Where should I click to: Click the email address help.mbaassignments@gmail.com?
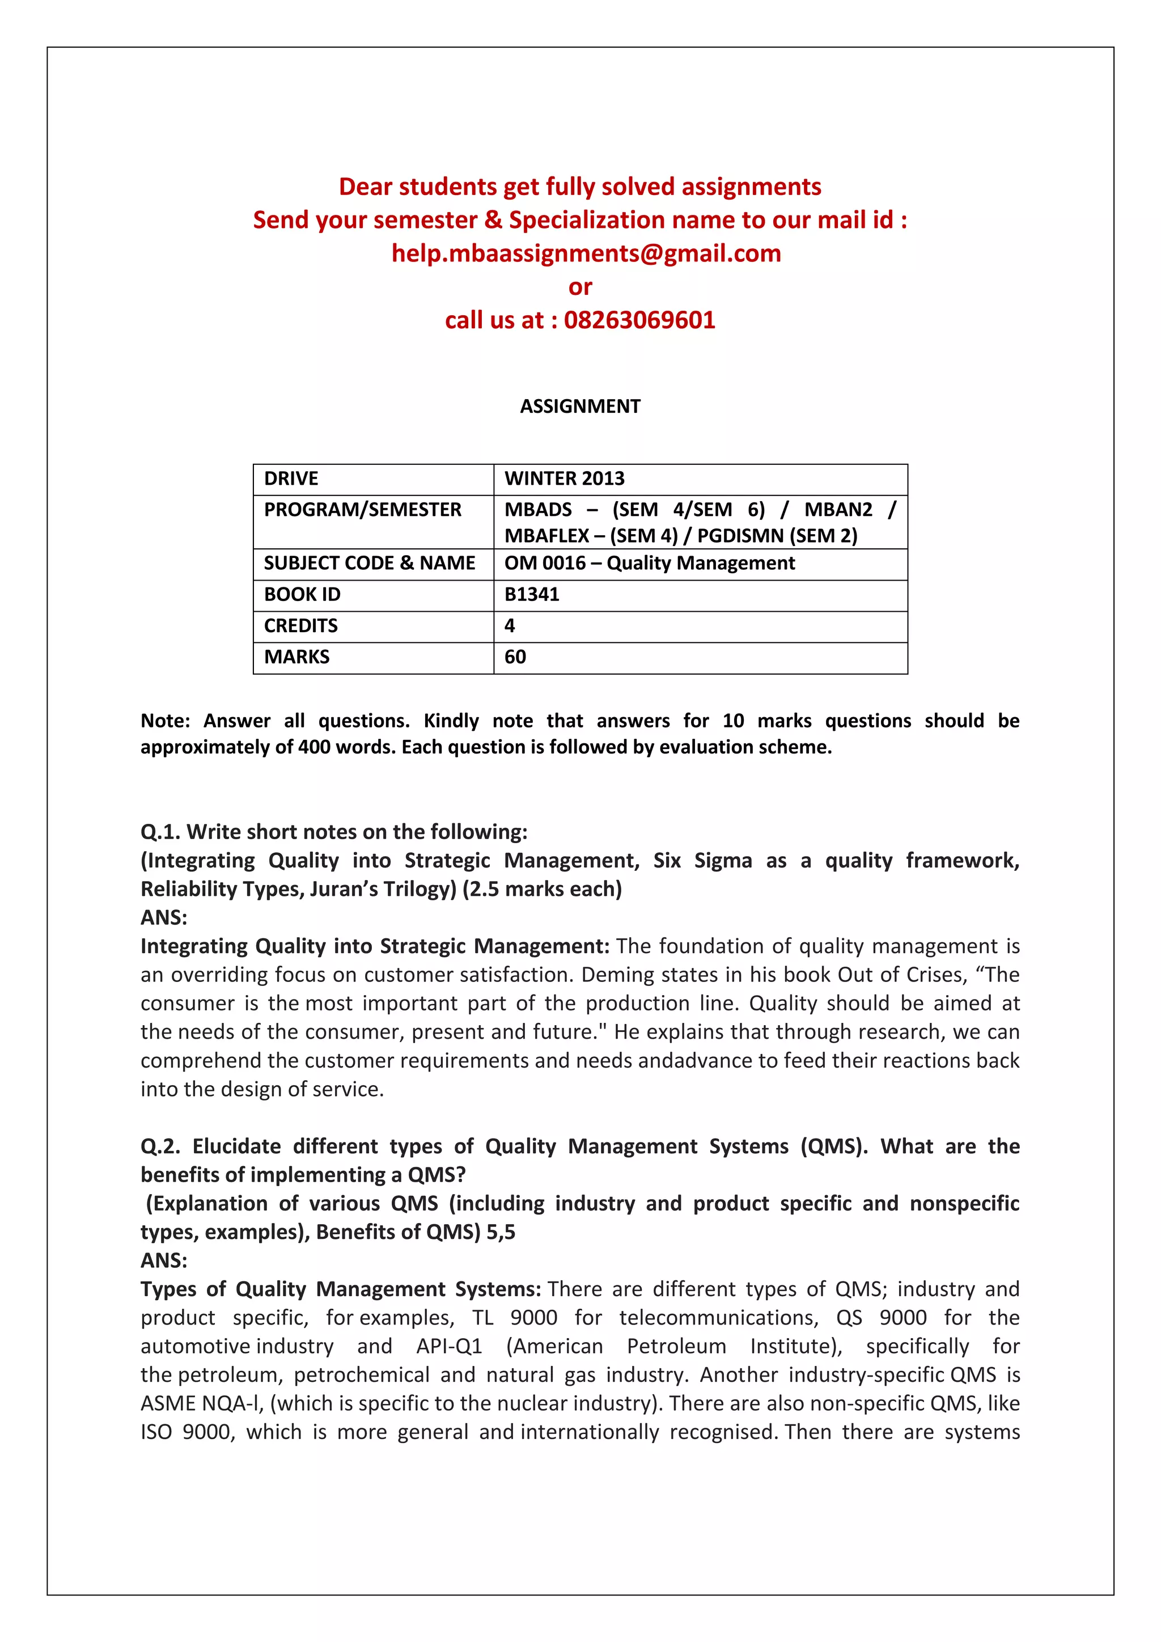[x=586, y=253]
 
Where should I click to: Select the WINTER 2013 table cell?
[x=564, y=479]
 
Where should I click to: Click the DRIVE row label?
[x=291, y=479]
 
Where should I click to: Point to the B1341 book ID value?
[x=531, y=594]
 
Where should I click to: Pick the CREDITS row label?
[x=300, y=626]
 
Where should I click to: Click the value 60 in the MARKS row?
[x=515, y=657]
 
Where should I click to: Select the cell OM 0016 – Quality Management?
[x=649, y=564]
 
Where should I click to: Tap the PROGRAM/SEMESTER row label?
[x=362, y=510]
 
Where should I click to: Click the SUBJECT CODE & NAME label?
[x=369, y=564]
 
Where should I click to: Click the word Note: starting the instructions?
[x=164, y=721]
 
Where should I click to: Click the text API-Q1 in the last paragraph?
[x=449, y=1347]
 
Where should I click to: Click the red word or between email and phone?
[x=580, y=287]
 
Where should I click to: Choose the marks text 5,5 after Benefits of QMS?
[x=501, y=1232]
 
